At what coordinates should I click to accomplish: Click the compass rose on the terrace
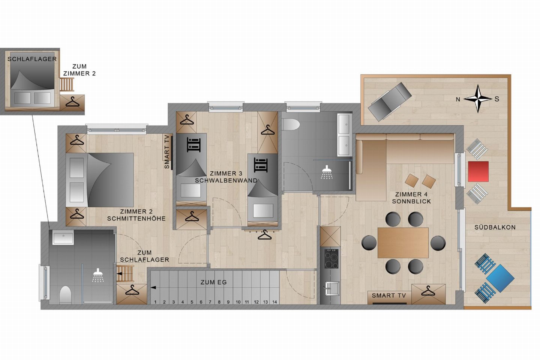point(478,99)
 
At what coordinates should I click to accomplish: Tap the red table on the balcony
point(478,171)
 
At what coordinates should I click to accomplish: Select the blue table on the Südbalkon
point(500,278)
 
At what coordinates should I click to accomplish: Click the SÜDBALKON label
point(495,227)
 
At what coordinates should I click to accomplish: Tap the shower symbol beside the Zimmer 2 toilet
point(98,275)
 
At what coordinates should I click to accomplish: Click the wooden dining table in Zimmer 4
point(403,243)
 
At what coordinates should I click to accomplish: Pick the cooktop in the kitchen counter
point(331,259)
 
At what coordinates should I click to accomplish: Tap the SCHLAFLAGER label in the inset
point(32,59)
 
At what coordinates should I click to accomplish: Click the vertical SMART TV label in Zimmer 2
point(167,152)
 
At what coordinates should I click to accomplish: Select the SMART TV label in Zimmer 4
point(389,295)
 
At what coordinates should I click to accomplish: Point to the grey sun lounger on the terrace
point(389,101)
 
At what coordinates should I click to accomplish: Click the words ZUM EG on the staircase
point(214,282)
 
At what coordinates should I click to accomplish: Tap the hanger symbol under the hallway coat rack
point(264,235)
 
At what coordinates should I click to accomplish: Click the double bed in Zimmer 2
point(100,180)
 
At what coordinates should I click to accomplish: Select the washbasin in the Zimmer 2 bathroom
point(63,237)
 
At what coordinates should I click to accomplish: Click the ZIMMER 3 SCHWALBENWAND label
point(226,177)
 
